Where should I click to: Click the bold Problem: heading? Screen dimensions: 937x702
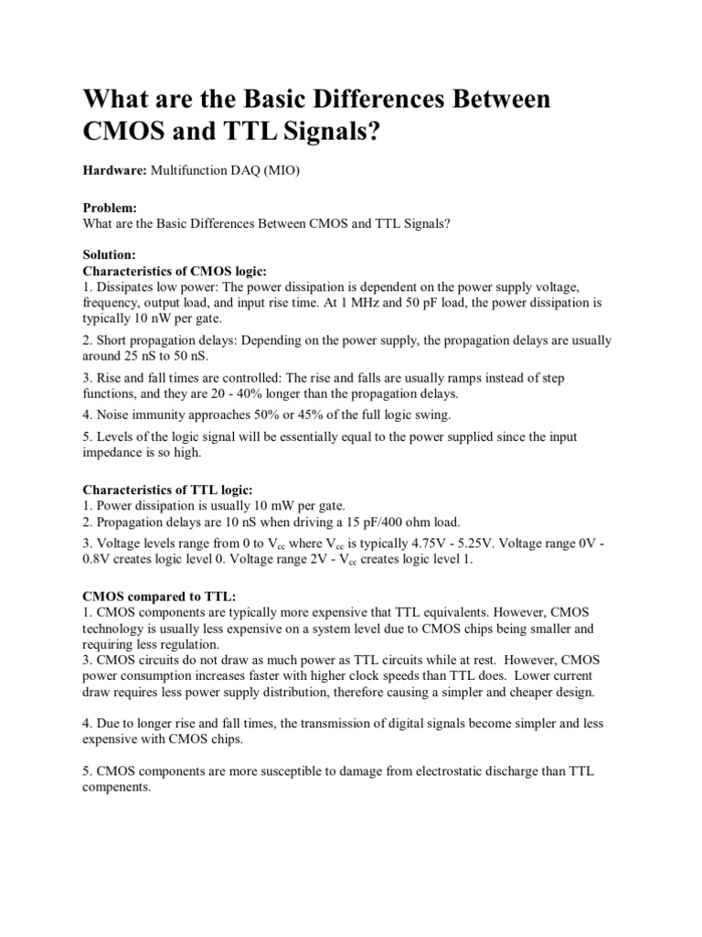[110, 208]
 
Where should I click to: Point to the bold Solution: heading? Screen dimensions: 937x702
[110, 255]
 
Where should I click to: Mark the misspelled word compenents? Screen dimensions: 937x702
[117, 787]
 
